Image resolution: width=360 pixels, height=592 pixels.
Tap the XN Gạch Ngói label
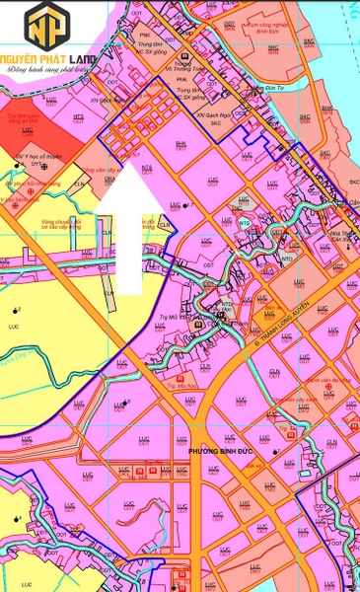pyautogui.click(x=212, y=114)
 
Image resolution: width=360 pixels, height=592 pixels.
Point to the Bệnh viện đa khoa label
pyautogui.click(x=323, y=380)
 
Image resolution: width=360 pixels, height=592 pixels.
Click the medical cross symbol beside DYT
pyautogui.click(x=44, y=167)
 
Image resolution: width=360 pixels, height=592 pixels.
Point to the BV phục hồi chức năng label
pyautogui.click(x=32, y=184)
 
